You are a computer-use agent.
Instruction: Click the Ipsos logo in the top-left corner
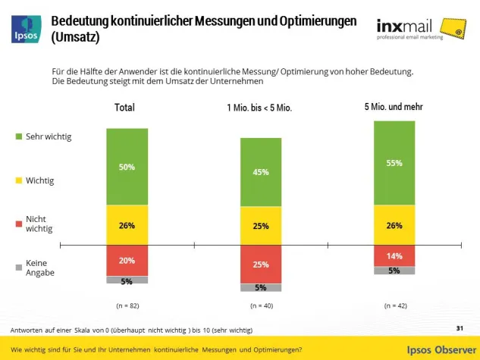[x=24, y=27]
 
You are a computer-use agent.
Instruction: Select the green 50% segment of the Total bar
[x=127, y=166]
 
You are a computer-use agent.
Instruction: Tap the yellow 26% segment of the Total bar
[x=127, y=225]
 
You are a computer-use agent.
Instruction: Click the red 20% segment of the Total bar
[x=127, y=260]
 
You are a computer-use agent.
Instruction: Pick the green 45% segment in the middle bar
[x=260, y=172]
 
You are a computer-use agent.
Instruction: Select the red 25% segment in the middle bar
[x=260, y=264]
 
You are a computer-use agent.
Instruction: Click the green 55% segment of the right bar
[x=394, y=162]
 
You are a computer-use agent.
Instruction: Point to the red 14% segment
[x=394, y=255]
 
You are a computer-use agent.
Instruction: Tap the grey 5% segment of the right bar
[x=394, y=271]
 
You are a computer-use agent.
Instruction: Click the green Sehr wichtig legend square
[x=19, y=136]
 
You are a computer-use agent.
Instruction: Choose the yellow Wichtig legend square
[x=19, y=181]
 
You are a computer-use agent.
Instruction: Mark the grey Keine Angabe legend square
[x=19, y=267]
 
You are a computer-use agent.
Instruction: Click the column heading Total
[x=124, y=108]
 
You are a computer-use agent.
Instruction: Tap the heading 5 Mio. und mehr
[x=394, y=107]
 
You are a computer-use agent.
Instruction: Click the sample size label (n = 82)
[x=127, y=305]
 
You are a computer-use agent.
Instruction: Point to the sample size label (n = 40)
[x=260, y=305]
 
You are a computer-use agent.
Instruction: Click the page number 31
[x=460, y=327]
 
